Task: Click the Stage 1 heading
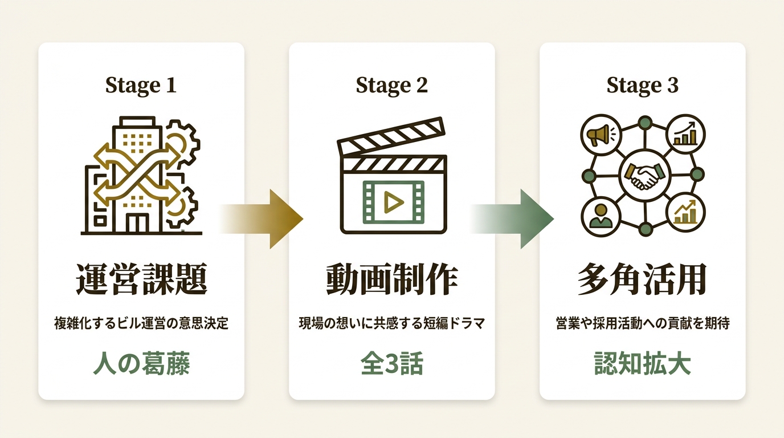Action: [141, 85]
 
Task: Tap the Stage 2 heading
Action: [391, 85]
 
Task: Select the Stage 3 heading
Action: [642, 85]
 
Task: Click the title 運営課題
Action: [141, 279]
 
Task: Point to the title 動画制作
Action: [392, 279]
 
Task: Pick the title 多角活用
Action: [642, 279]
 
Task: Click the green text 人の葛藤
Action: [141, 363]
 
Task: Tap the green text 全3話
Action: [392, 363]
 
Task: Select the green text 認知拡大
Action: [643, 363]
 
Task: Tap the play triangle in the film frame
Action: [393, 202]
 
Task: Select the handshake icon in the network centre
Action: [645, 175]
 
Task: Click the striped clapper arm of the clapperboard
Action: [391, 136]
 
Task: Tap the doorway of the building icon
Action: [137, 223]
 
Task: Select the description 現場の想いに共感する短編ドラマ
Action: [392, 323]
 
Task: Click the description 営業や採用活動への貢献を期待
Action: [643, 323]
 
